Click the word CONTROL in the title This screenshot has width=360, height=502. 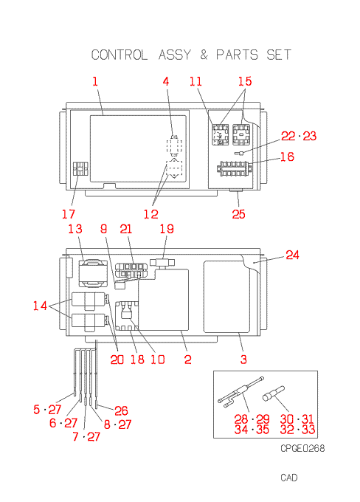point(120,55)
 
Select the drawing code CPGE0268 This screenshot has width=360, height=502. point(302,448)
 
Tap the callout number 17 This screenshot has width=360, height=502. point(69,214)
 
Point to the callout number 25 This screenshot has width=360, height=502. point(239,214)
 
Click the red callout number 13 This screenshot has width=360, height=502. point(75,229)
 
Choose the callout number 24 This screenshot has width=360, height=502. point(292,255)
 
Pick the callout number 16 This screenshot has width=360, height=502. point(287,157)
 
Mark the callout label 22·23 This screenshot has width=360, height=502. point(299,136)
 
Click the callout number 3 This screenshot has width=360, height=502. point(243,360)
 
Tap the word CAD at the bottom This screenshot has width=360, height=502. point(289,478)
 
